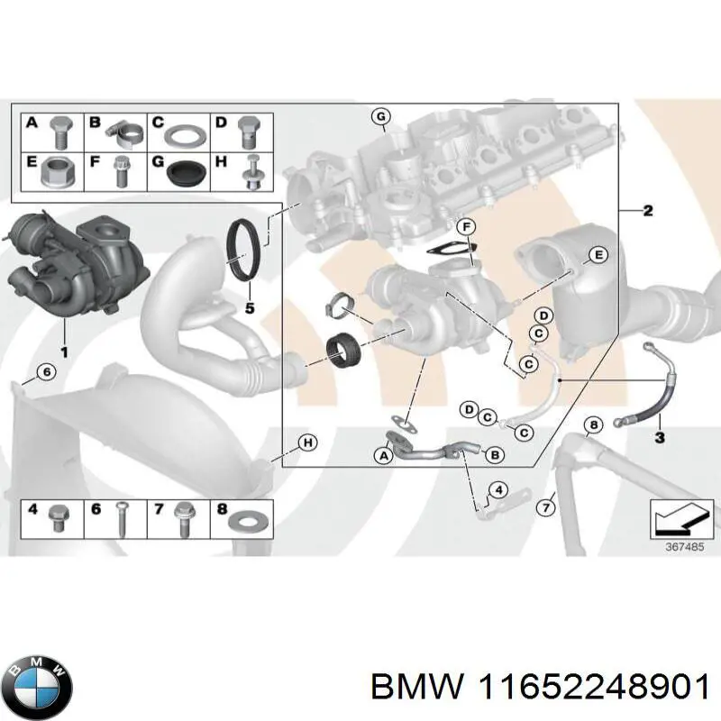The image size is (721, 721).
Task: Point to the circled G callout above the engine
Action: (380, 117)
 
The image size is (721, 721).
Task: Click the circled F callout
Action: (465, 225)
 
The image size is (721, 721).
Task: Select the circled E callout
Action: (597, 258)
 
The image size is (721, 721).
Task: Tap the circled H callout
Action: (306, 443)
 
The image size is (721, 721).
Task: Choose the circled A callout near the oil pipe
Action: (383, 457)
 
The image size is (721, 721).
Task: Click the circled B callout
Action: (494, 456)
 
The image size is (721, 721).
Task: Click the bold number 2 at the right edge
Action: (647, 211)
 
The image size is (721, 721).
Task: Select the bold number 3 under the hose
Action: (659, 438)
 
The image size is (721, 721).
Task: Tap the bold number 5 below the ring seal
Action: (251, 308)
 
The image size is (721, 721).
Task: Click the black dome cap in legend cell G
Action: (187, 172)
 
